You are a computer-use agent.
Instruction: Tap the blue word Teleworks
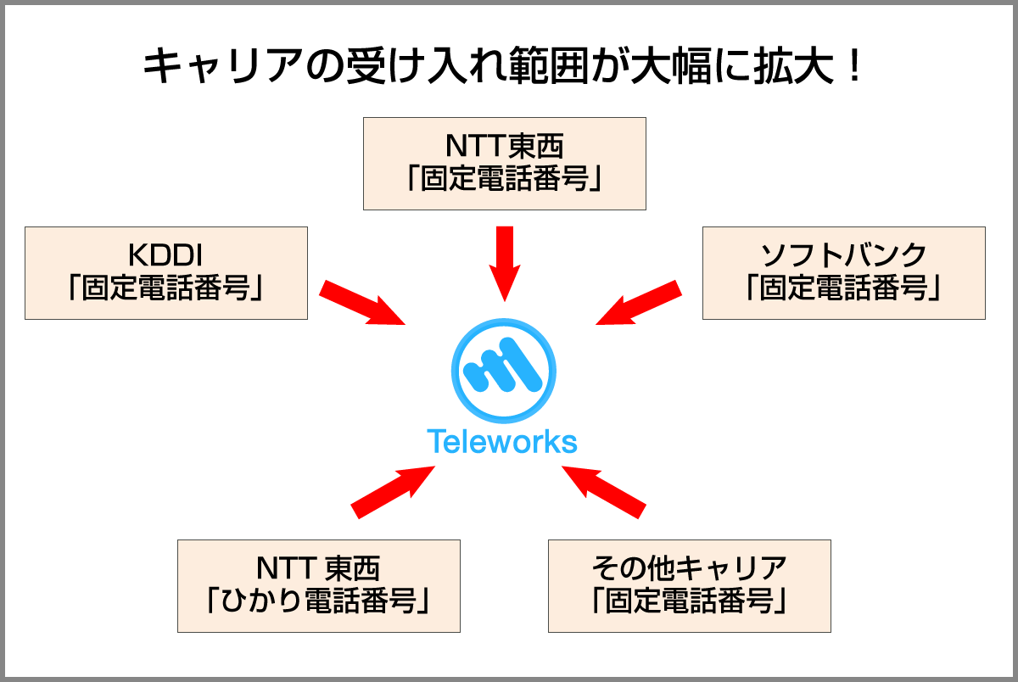[x=502, y=442]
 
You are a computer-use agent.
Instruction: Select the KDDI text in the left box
[x=166, y=255]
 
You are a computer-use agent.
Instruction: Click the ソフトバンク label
[x=844, y=255]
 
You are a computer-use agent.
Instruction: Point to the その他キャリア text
[x=689, y=567]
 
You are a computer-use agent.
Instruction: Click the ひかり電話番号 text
[x=319, y=601]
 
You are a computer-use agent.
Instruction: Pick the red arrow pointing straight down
[x=505, y=262]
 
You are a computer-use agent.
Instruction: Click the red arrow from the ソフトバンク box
[x=639, y=303]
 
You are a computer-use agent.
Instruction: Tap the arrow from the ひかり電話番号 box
[x=393, y=491]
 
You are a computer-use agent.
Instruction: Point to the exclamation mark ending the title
[x=853, y=68]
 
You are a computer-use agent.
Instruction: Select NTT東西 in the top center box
[x=505, y=146]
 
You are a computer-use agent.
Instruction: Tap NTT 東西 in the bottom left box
[x=319, y=567]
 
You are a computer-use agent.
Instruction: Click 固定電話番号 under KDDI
[x=166, y=289]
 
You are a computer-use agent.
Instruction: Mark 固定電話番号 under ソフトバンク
[x=844, y=289]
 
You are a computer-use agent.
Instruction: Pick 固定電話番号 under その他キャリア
[x=689, y=601]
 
